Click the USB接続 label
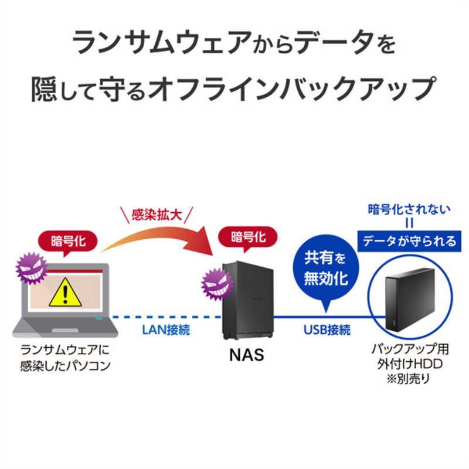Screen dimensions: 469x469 tap(327, 329)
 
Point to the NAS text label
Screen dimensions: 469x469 tap(247, 354)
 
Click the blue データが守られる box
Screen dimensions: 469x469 tap(407, 240)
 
